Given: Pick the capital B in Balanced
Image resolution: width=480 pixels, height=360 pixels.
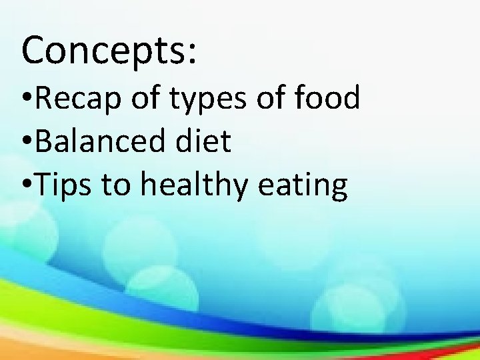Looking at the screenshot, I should [x=44, y=141].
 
